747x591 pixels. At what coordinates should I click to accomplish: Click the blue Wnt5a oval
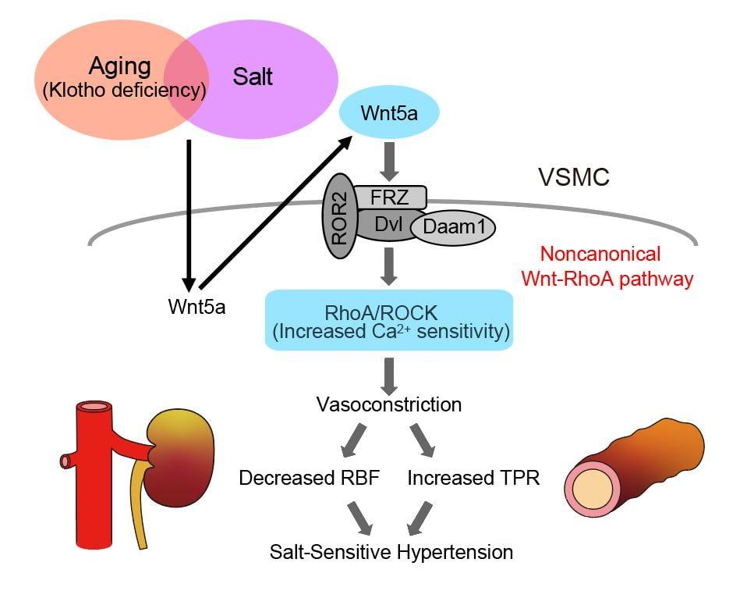[x=389, y=114]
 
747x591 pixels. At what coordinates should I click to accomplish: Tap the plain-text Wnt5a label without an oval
[x=196, y=306]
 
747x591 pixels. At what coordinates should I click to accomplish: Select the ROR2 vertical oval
[x=340, y=220]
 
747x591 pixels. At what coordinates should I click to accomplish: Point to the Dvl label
[x=384, y=223]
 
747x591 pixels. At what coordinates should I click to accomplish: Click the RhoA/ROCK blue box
[x=389, y=320]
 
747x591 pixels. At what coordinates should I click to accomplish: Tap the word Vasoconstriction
[x=388, y=404]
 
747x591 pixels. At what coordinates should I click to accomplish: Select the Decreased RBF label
[x=309, y=479]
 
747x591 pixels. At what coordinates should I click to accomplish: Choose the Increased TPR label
[x=473, y=479]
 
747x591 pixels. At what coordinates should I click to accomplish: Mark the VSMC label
[x=574, y=178]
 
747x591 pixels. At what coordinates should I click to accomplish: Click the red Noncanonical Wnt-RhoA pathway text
[x=616, y=266]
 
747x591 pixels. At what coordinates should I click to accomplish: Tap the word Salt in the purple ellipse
[x=253, y=77]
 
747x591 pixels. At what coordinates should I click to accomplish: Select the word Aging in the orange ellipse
[x=119, y=66]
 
